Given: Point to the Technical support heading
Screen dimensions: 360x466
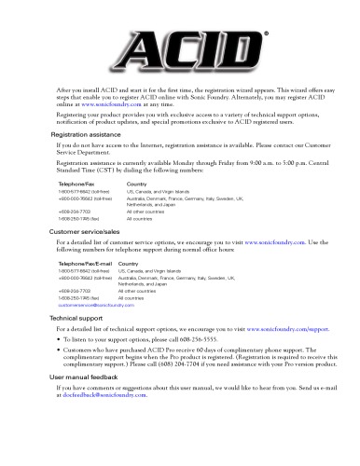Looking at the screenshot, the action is (x=77, y=318).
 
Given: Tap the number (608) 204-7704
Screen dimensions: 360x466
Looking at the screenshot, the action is (x=178, y=362).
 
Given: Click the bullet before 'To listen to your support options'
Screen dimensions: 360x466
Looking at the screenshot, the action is (x=60, y=339).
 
